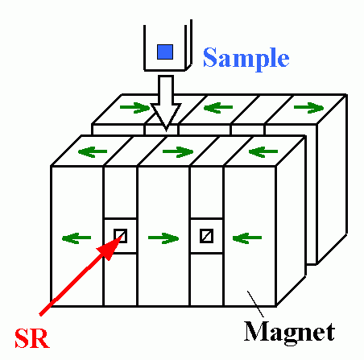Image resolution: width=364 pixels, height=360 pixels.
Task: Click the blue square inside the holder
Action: [x=165, y=52]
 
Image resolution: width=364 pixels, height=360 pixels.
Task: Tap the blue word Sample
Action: [x=246, y=58]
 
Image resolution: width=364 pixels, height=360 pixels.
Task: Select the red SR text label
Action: [x=32, y=338]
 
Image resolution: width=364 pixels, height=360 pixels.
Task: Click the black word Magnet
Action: [x=289, y=332]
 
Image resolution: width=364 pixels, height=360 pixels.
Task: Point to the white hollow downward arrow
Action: [x=166, y=102]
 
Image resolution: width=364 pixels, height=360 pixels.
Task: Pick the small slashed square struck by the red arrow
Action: [x=120, y=236]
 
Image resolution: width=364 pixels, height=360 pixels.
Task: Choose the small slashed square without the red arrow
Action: [x=207, y=236]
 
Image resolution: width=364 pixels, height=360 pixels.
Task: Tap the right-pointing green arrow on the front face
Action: [x=163, y=238]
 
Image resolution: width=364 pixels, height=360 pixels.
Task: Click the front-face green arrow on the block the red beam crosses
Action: [x=77, y=238]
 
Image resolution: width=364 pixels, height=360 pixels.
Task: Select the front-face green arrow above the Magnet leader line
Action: [x=247, y=238]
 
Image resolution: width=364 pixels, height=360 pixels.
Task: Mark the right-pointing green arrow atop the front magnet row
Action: [x=178, y=151]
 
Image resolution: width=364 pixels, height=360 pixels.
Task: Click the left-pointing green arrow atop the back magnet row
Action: [x=218, y=108]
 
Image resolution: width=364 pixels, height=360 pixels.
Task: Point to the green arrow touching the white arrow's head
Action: [x=135, y=108]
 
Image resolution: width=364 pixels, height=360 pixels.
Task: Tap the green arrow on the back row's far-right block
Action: [x=309, y=108]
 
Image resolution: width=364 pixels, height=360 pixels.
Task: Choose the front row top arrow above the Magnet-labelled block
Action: [x=263, y=151]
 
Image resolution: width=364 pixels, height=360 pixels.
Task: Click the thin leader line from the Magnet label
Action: [x=255, y=304]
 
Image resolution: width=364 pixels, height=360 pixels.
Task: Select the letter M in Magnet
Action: [x=257, y=331]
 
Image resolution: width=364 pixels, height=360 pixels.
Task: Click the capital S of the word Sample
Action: [x=210, y=57]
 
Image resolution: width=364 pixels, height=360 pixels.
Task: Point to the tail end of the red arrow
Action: [x=41, y=314]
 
